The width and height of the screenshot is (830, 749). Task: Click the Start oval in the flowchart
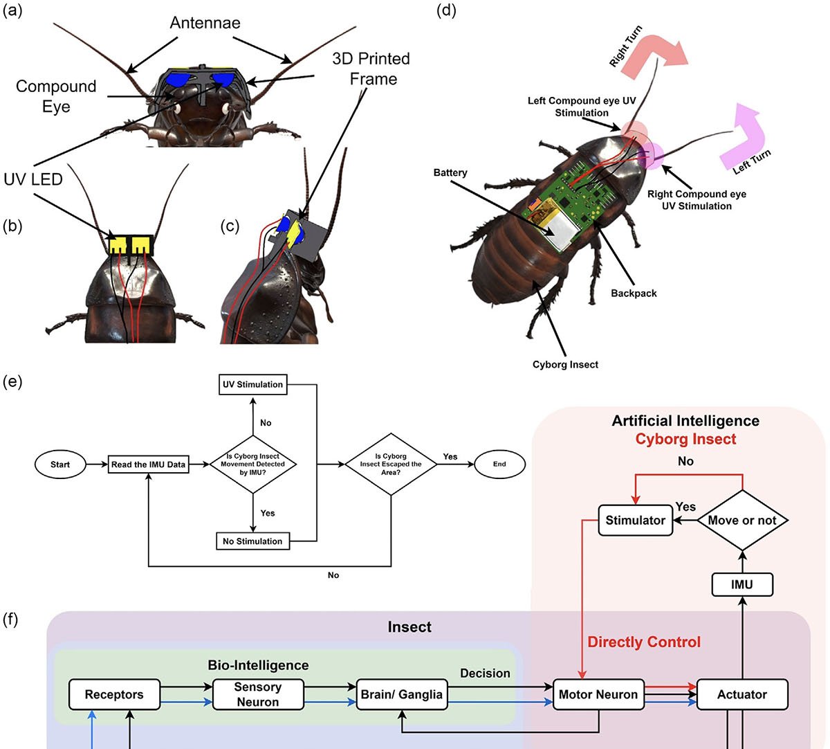coord(60,464)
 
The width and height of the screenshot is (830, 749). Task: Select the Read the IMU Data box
coord(149,464)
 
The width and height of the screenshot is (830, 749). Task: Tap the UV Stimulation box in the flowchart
coord(252,384)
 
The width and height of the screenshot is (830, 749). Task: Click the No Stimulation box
coord(252,541)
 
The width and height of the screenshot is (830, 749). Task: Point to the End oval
coord(499,464)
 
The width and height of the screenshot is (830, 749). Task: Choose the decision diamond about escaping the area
coord(391,464)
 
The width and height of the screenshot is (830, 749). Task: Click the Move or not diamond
coord(742,521)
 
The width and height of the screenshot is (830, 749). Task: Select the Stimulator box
coord(635,521)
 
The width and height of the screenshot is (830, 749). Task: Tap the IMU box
coord(742,585)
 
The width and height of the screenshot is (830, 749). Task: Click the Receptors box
coord(114,694)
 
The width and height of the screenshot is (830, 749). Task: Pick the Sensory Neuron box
coord(258,694)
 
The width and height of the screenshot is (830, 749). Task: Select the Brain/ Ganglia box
coord(402,694)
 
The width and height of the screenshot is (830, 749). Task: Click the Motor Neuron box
coord(598,694)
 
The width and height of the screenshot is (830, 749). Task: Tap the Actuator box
coord(742,694)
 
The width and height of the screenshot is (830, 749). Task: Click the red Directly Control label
coord(644,642)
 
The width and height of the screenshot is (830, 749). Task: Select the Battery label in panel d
coord(450,172)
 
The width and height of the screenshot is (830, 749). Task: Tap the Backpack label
coord(634,294)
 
